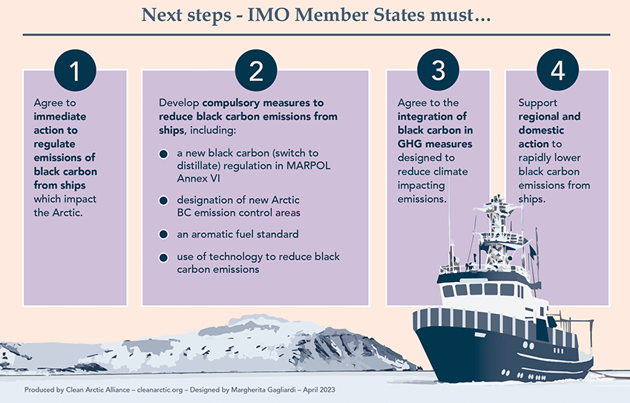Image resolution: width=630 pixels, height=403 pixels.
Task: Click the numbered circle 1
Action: (75, 71)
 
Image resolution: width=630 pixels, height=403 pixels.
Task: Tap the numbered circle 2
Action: (256, 71)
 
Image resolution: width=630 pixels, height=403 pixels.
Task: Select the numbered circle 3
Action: (438, 70)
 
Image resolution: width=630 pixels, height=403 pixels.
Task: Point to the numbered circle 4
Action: (558, 70)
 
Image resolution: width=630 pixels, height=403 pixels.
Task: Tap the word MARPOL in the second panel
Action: (309, 166)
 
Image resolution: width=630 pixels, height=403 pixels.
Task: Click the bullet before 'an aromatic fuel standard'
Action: (163, 235)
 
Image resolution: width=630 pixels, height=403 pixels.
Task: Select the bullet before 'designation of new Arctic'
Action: (163, 200)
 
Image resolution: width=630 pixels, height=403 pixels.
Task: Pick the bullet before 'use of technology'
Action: (163, 258)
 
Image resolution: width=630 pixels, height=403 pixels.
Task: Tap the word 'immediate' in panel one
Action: (60, 117)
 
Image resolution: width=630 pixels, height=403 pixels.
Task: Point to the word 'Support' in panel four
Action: (537, 103)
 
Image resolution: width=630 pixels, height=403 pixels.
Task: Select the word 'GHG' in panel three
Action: (408, 144)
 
